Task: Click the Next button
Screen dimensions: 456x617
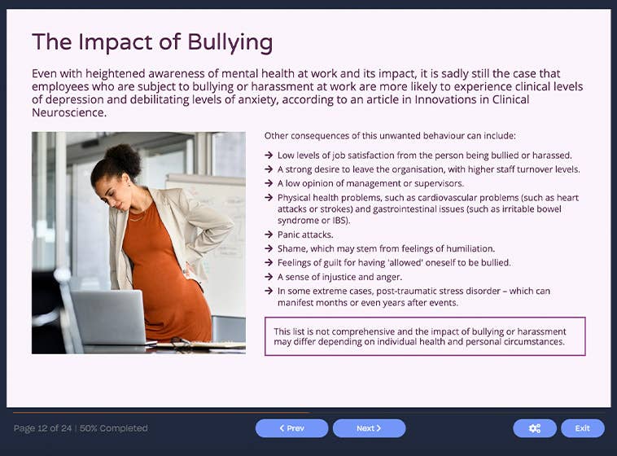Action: (x=369, y=428)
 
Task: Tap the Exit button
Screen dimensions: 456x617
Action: (x=582, y=428)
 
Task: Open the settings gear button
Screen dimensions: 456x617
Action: (x=534, y=428)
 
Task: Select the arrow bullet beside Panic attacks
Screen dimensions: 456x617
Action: (x=269, y=235)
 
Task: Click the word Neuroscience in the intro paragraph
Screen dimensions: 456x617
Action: (x=68, y=113)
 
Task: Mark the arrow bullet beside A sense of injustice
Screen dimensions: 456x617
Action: (x=269, y=277)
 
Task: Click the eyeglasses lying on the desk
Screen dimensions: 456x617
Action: (x=184, y=344)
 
